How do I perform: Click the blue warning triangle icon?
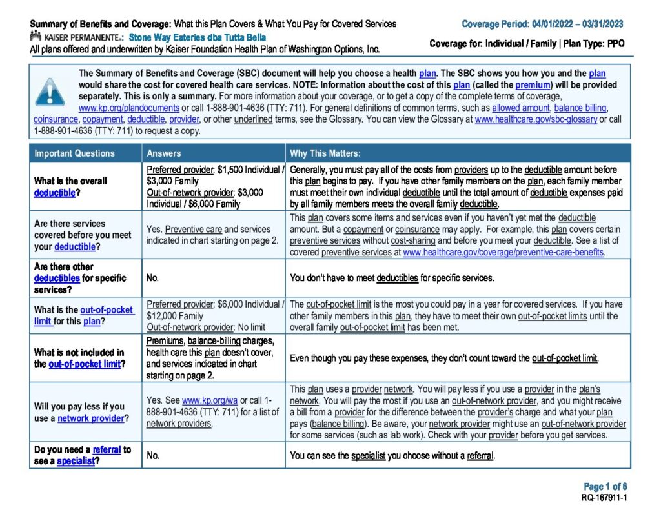pyautogui.click(x=50, y=92)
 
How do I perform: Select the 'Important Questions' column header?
pyautogui.click(x=74, y=153)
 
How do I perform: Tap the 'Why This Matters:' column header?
pyautogui.click(x=325, y=153)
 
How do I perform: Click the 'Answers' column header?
pyautogui.click(x=164, y=153)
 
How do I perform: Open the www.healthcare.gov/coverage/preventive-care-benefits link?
pyautogui.click(x=503, y=252)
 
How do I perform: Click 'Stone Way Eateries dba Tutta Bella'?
pyautogui.click(x=197, y=37)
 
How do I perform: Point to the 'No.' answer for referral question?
pyautogui.click(x=153, y=456)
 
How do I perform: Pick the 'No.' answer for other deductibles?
pyautogui.click(x=153, y=278)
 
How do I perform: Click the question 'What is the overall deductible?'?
pyautogui.click(x=70, y=186)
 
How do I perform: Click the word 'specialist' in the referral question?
pyautogui.click(x=76, y=462)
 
